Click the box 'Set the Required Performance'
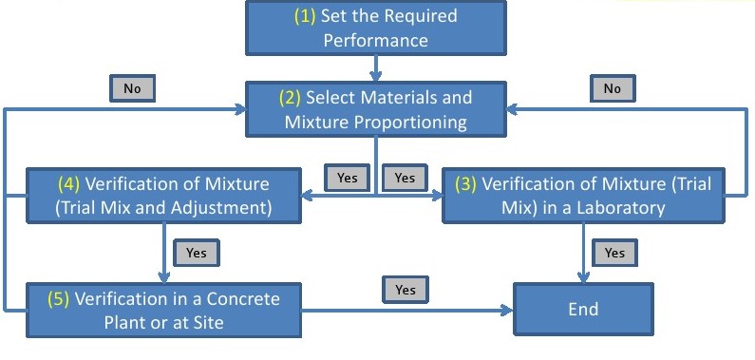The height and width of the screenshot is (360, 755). point(375,28)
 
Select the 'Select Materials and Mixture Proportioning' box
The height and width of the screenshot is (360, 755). point(376,109)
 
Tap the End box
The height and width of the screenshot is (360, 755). point(583,309)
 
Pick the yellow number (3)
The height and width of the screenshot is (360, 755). point(465,184)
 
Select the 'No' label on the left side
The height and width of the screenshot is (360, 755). point(133,88)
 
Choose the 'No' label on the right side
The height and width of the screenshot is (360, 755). point(613,88)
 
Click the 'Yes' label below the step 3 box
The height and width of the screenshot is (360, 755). point(614,253)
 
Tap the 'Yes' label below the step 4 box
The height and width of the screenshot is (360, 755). point(197,254)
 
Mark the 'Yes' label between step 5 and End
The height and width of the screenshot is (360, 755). point(406,288)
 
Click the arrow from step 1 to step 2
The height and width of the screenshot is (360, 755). point(377,66)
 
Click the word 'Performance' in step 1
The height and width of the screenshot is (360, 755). point(375,40)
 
